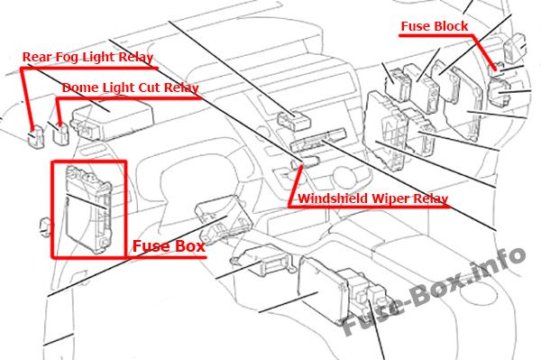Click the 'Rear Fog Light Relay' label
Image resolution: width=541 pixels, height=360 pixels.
point(87,57)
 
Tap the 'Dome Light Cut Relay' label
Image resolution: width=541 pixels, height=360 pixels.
point(131,88)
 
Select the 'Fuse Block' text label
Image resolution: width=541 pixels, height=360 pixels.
point(435,26)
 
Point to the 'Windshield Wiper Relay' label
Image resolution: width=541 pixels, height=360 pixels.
point(373,198)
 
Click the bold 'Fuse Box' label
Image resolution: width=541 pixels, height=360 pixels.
point(170,246)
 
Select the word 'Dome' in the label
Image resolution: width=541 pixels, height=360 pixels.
point(78,88)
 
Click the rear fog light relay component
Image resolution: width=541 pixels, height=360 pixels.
point(34,135)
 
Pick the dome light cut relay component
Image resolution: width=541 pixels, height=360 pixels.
point(60,134)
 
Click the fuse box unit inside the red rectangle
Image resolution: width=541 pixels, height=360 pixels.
point(88,209)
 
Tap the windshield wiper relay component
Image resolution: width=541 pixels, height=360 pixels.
point(305,162)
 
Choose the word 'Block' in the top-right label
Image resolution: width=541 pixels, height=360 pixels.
point(451,26)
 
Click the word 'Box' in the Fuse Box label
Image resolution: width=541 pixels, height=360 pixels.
point(188,246)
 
